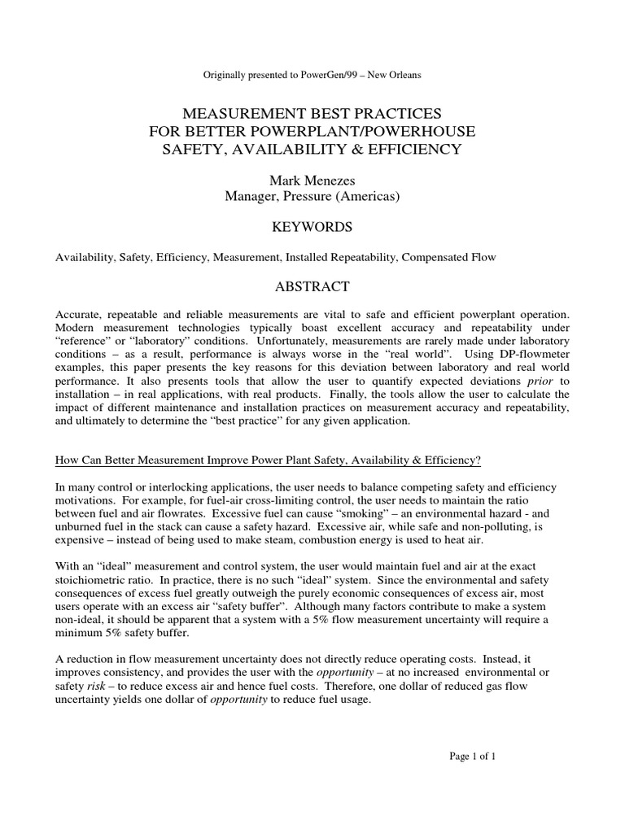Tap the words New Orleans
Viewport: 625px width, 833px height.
coord(390,76)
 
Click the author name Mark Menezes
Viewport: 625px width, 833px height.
coord(312,178)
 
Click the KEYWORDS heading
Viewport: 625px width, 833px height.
coord(312,226)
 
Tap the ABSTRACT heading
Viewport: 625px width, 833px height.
coord(312,286)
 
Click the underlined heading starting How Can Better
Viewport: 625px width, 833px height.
coord(268,460)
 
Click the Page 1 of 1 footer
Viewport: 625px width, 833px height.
coord(473,757)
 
